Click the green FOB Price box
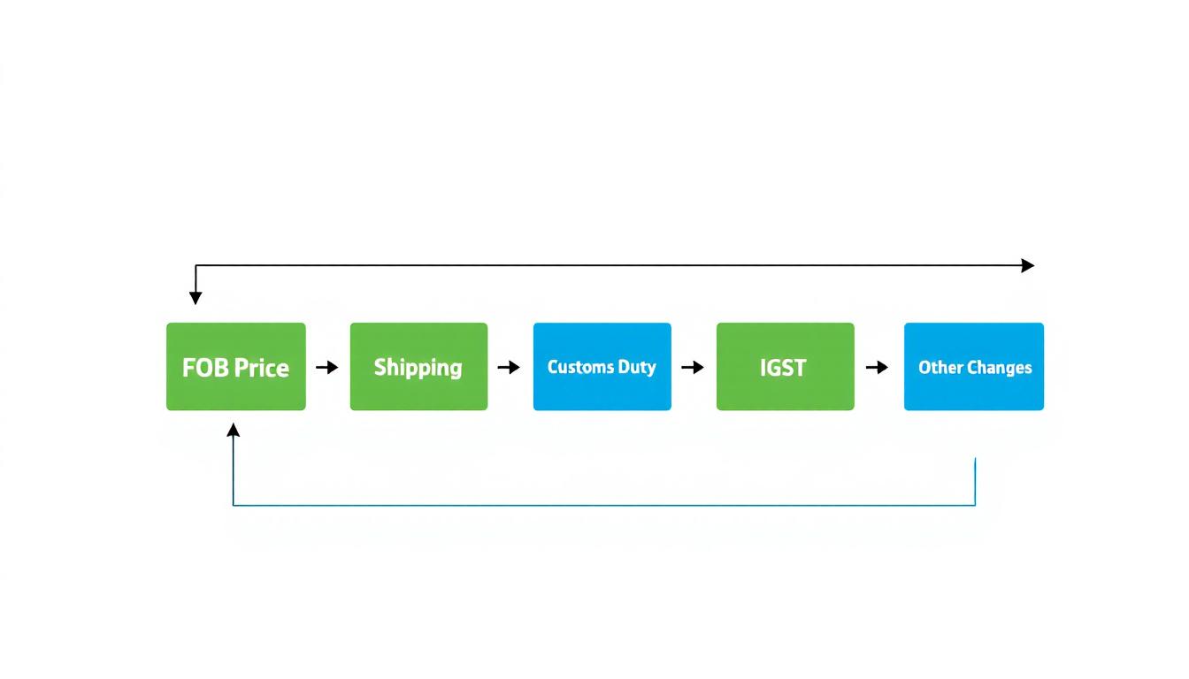click(235, 367)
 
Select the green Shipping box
click(418, 367)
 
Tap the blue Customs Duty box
click(602, 367)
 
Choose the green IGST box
click(785, 367)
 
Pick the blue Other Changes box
click(973, 367)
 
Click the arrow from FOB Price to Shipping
click(327, 367)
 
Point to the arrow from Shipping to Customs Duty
click(509, 367)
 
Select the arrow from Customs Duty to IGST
click(693, 367)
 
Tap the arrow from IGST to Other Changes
click(877, 367)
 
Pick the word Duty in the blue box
click(636, 367)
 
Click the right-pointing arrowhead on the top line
click(1027, 265)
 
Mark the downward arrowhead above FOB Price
click(196, 298)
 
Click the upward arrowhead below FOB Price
click(234, 431)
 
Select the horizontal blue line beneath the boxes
click(602, 505)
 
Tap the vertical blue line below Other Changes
click(975, 482)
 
